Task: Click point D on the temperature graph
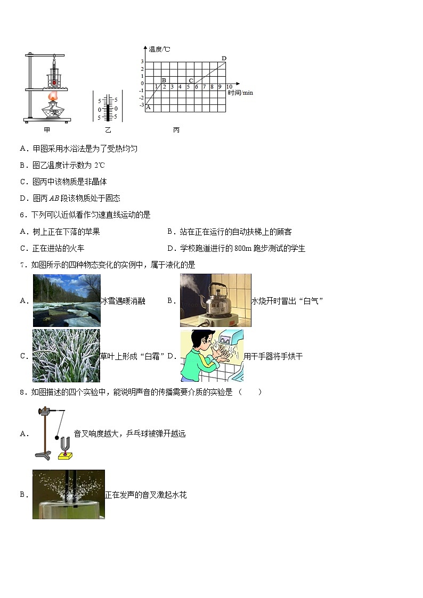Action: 224,58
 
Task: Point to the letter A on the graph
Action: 148,107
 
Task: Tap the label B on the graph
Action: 164,80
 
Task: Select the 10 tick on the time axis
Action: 229,87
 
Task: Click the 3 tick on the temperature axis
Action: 142,62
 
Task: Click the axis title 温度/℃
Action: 159,49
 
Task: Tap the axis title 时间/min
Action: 240,93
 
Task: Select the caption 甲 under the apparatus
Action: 47,130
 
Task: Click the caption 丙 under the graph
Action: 176,130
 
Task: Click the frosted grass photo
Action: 66,356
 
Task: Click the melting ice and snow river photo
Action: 66,300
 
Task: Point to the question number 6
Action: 22,215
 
